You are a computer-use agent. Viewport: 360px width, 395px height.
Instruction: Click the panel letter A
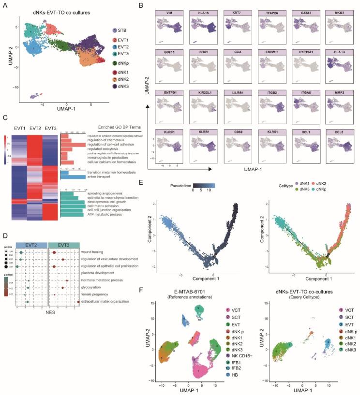[6, 5]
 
